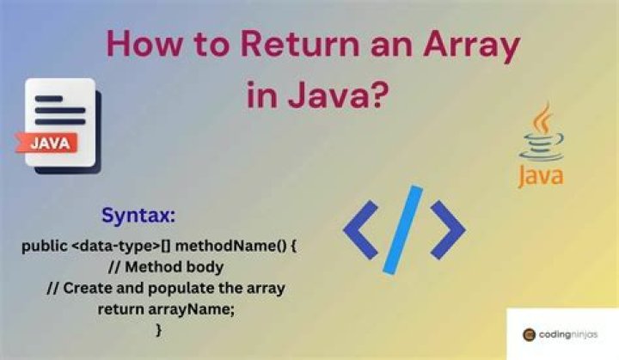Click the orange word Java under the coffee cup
click(x=541, y=176)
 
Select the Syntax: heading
click(x=140, y=214)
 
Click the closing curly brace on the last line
click(x=159, y=329)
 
